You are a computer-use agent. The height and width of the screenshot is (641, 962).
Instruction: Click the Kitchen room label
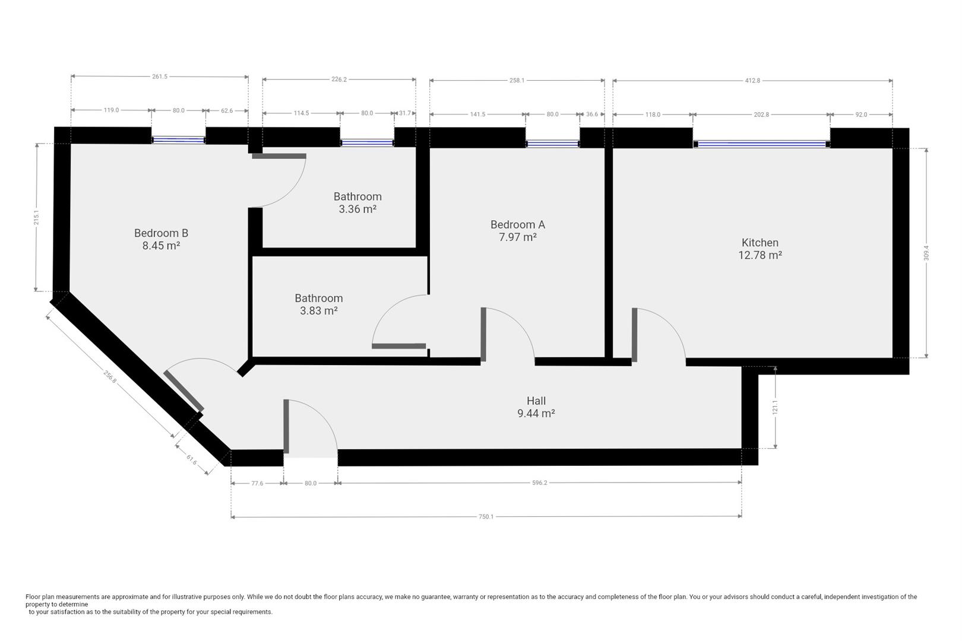tap(760, 243)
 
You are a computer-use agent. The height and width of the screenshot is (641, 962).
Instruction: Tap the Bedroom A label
tap(517, 224)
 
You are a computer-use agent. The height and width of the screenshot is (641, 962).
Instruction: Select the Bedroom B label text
tap(161, 233)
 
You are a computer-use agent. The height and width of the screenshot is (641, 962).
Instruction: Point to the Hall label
tap(536, 401)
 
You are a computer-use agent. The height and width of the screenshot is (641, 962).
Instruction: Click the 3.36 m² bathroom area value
tap(357, 209)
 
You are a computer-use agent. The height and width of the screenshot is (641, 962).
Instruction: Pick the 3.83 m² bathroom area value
tap(319, 310)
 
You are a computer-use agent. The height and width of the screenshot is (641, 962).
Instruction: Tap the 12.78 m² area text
tap(760, 255)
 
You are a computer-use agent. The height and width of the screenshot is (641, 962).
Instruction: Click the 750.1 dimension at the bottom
tap(486, 516)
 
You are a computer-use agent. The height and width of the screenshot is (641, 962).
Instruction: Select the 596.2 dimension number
tap(539, 483)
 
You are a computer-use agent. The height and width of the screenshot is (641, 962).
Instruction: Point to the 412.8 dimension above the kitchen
tap(752, 80)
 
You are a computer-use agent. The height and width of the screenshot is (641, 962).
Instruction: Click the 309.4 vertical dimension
tap(926, 253)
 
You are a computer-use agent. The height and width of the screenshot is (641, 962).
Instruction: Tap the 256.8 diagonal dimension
tap(110, 376)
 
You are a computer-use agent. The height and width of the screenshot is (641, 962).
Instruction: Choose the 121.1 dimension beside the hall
tap(775, 407)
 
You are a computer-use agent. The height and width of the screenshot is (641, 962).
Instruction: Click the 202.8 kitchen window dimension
tap(761, 115)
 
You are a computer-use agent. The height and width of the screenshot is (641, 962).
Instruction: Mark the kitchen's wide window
tap(761, 144)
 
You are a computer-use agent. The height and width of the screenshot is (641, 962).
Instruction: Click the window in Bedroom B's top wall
tap(178, 140)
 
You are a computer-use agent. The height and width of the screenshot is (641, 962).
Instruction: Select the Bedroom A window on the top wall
tap(553, 144)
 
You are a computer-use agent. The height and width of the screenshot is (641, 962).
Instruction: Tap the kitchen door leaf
tap(634, 335)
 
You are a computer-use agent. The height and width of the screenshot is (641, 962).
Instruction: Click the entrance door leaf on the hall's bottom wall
tap(286, 426)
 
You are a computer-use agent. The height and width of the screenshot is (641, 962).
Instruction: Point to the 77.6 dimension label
tap(257, 484)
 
